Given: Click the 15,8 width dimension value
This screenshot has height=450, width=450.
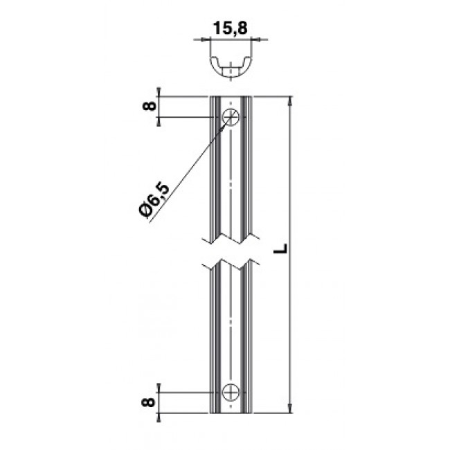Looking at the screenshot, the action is [x=230, y=28].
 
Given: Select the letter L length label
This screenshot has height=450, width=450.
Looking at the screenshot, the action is [x=280, y=249].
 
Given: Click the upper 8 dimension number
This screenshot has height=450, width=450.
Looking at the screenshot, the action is [x=150, y=106].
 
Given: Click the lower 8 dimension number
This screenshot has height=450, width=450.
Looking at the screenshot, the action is [x=149, y=402].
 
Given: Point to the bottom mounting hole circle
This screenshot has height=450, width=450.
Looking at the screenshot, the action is [x=231, y=393].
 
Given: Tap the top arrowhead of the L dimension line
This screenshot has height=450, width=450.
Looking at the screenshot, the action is [x=291, y=100].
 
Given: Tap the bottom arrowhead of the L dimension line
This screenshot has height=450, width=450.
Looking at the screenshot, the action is [x=291, y=408].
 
